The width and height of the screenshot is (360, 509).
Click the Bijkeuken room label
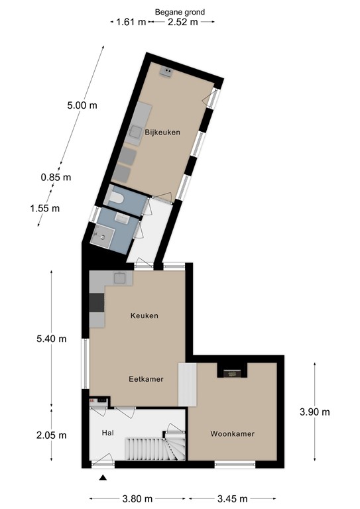tap(162, 133)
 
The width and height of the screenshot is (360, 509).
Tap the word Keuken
tap(145, 315)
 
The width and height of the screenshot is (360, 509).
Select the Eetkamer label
tap(146, 379)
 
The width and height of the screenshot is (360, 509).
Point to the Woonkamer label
tap(233, 433)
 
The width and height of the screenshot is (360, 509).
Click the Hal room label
tap(108, 433)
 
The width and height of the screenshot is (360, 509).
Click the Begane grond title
tap(180, 13)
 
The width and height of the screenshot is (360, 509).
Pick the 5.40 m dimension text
tap(51, 339)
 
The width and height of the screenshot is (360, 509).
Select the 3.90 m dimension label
tap(314, 412)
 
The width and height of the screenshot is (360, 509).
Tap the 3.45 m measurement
tap(233, 498)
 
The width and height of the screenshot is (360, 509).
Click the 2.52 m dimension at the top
tap(183, 22)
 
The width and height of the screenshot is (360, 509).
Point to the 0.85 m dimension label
tap(56, 177)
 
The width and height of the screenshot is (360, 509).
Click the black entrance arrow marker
tap(103, 477)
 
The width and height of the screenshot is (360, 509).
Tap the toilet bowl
tap(116, 198)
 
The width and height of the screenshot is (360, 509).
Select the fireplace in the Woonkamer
tap(232, 374)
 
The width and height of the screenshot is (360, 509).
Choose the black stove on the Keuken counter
tap(97, 302)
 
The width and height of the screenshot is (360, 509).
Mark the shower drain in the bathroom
tap(103, 237)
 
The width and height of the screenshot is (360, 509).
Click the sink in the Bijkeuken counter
tap(135, 132)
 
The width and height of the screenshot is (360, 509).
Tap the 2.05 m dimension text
tap(51, 435)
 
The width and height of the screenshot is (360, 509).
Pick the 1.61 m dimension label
tap(131, 22)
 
